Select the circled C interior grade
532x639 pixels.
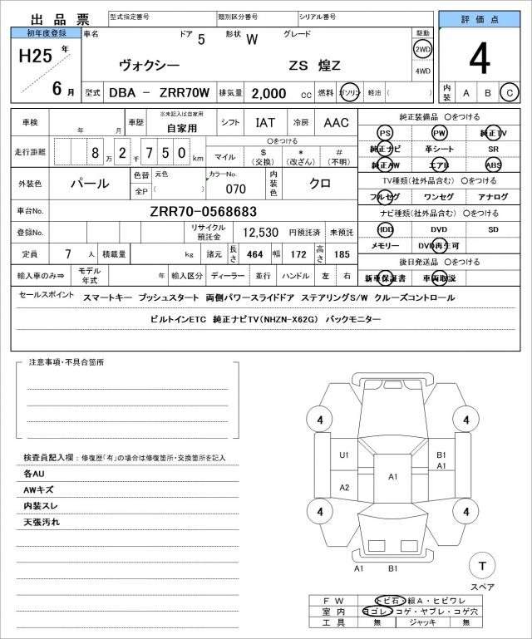point(510,92)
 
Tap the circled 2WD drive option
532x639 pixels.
point(422,49)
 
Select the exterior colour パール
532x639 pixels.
point(89,182)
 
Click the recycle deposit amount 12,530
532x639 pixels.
point(260,233)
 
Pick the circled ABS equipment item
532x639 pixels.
point(494,165)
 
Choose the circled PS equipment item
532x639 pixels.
point(384,133)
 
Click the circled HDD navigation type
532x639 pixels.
point(384,229)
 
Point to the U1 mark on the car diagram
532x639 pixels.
point(343,455)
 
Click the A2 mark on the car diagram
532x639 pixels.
point(343,487)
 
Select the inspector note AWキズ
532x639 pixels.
point(38,489)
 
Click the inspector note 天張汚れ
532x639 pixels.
point(42,522)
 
